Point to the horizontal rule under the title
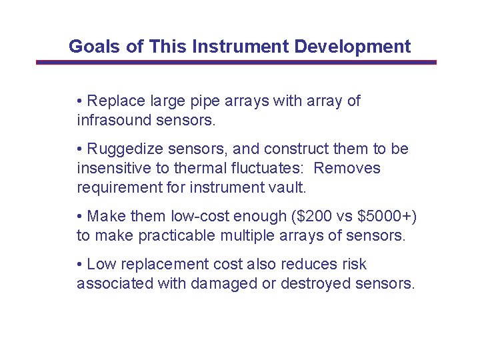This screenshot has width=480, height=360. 236,63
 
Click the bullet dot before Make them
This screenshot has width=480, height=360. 79,217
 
